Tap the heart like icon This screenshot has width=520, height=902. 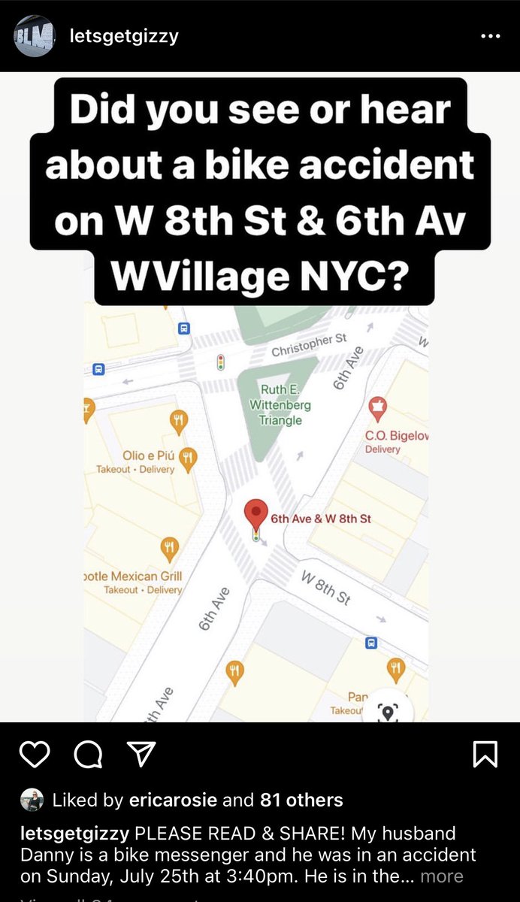tap(34, 754)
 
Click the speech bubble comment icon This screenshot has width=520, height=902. tap(88, 754)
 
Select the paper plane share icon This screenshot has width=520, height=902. tap(141, 754)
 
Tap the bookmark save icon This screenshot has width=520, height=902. tap(485, 754)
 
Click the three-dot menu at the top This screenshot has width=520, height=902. tap(490, 35)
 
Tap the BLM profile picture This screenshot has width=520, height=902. tap(34, 35)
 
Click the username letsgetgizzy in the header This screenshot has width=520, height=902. tap(123, 35)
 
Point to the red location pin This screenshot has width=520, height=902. tap(257, 515)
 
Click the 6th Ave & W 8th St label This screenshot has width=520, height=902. tap(321, 519)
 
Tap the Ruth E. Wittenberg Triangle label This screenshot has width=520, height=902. tap(280, 404)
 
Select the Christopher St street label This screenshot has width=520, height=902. tap(309, 346)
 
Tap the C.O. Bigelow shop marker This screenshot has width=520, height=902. tap(377, 408)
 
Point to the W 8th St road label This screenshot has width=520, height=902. tap(326, 587)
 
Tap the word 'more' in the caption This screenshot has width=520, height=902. tap(442, 876)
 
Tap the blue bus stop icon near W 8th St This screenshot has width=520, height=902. tap(370, 643)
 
